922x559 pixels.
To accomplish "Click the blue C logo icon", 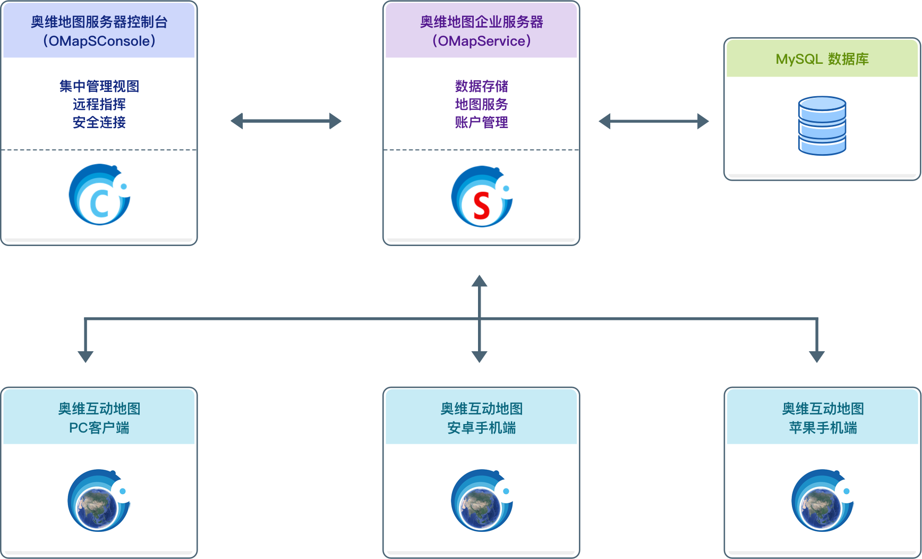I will [99, 194].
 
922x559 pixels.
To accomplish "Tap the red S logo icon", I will [482, 197].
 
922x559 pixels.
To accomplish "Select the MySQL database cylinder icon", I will [822, 126].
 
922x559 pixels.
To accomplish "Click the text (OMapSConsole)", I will [99, 41].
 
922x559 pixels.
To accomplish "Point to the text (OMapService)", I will [482, 41].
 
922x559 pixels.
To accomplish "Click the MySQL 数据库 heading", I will [822, 59].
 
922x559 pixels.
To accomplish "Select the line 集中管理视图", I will [99, 86].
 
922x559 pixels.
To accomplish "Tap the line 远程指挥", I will [99, 104].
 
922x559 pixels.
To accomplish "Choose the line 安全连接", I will [99, 122].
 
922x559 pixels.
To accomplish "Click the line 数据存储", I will [482, 86].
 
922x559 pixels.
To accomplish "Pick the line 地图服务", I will [482, 104].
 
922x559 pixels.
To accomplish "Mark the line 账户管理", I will [482, 122].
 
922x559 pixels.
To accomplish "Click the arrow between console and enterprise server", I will [286, 121].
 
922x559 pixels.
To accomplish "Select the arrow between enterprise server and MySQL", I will [654, 121].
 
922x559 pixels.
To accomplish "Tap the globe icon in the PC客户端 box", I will [99, 501].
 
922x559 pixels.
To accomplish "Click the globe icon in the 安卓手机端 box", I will [482, 501].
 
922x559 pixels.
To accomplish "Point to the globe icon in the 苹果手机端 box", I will [822, 501].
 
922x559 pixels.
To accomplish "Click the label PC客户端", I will [99, 428].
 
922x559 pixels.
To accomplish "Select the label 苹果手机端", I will [823, 428].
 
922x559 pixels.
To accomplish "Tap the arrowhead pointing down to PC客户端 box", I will [86, 356].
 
